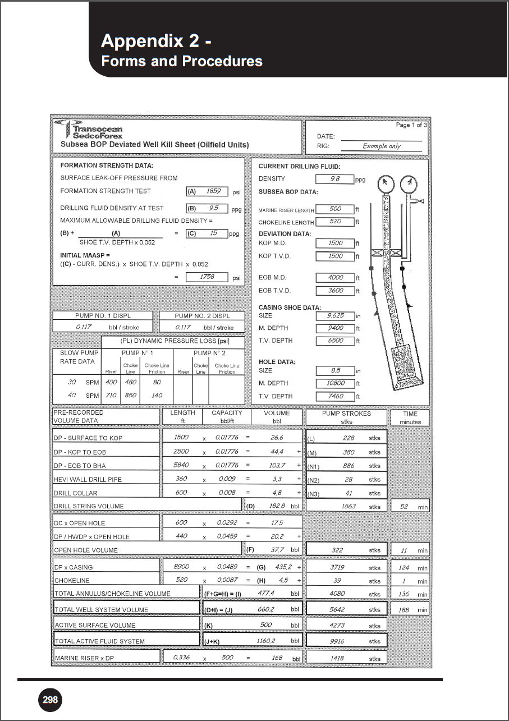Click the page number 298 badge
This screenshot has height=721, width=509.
(51, 700)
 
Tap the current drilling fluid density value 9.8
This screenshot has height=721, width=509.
(335, 179)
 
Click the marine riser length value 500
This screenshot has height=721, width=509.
(335, 209)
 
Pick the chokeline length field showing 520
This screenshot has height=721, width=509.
(335, 222)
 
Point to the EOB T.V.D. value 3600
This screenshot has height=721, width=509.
(335, 291)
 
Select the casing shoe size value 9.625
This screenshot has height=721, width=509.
(335, 316)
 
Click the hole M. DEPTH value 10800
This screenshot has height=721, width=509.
(335, 383)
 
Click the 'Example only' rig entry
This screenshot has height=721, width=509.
(382, 146)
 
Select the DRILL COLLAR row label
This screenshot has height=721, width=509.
(75, 493)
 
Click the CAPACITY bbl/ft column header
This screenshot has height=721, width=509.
(227, 416)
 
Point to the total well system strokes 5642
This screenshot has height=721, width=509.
(337, 609)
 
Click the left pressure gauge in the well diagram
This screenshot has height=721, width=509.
(385, 183)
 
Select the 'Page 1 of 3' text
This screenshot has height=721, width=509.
(411, 125)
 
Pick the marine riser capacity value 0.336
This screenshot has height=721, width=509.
(181, 657)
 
